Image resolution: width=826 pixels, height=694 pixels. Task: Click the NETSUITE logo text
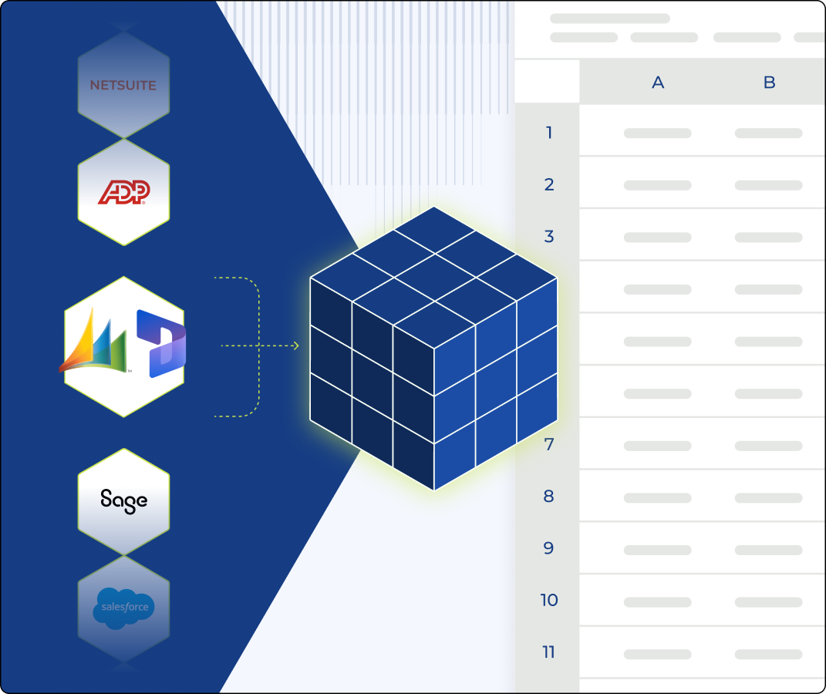coord(123,86)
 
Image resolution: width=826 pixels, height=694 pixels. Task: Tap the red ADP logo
coord(124,192)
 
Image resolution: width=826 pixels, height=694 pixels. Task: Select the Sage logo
coord(124,500)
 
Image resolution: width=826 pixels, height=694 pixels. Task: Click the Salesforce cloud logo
coord(124,608)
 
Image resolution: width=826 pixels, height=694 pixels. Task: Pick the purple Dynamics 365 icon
coord(161,343)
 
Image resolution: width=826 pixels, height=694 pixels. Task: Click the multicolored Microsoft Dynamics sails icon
coord(94,340)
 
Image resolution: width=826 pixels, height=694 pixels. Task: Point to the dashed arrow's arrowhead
coord(296,345)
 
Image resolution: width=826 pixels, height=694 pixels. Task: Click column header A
coord(658,83)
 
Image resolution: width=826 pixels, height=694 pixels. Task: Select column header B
coord(769,83)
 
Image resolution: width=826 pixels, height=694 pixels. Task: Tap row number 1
coord(549,132)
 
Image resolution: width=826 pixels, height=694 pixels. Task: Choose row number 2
coord(549,184)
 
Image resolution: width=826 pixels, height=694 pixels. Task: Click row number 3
coord(549,237)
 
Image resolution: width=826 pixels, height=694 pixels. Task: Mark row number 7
coord(549,444)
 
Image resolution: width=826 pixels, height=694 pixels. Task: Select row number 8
coord(549,496)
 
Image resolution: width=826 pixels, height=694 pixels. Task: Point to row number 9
coord(549,548)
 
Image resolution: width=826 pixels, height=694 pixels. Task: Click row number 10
coord(549,600)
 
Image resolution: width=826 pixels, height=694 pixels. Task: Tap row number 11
coord(548,652)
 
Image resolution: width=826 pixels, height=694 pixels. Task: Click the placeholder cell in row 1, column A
coord(657,133)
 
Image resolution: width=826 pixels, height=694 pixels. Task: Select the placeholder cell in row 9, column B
coord(769,551)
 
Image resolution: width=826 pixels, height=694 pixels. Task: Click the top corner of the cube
coord(434,207)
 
